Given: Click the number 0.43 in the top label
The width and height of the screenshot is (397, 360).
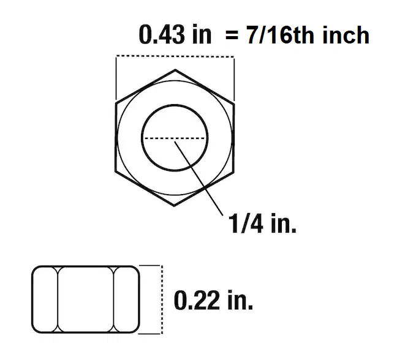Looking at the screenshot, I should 160,36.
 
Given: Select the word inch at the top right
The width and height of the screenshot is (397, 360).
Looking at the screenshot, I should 346,36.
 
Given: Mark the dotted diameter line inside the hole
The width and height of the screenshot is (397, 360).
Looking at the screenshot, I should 175,138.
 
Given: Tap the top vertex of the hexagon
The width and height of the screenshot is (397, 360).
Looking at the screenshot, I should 175,69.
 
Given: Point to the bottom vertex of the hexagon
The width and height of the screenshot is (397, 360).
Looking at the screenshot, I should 175,207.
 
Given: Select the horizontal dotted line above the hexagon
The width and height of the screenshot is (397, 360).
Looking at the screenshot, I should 175,57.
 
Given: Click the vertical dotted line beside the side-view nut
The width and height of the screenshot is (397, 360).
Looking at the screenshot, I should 161,299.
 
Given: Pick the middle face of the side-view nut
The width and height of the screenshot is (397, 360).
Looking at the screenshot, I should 86,299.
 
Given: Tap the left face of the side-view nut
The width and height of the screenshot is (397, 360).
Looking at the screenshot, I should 45,299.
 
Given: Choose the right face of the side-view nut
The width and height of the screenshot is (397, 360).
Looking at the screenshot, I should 127,299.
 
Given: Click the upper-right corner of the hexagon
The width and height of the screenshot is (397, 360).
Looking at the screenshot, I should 233,103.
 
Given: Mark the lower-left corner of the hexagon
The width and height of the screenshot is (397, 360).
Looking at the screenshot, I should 116,173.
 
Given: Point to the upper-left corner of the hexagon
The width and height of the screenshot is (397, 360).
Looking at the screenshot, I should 116,103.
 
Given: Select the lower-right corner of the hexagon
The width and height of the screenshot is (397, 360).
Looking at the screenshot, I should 233,173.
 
